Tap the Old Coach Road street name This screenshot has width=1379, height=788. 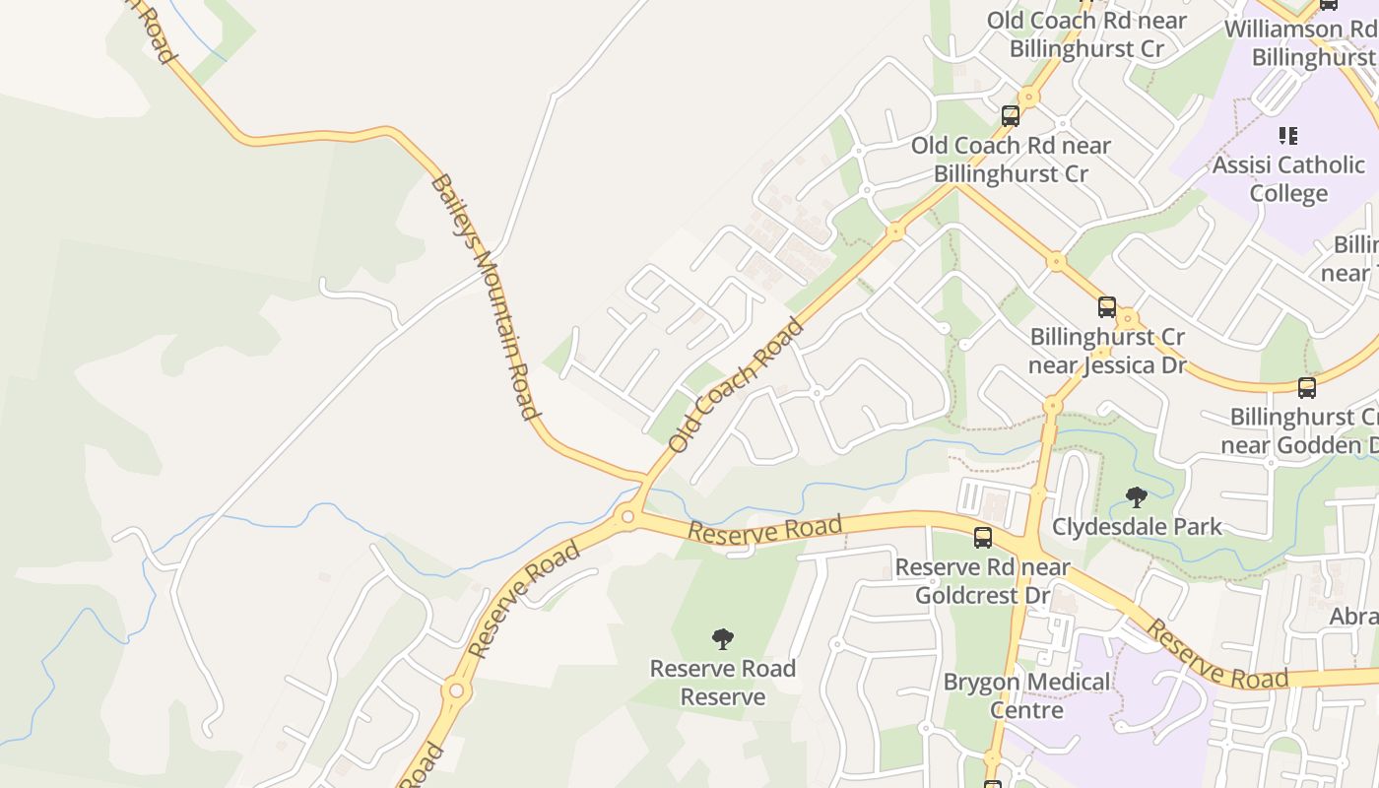pos(736,385)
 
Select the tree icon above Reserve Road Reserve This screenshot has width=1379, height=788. pos(723,639)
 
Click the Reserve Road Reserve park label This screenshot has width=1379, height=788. pos(723,683)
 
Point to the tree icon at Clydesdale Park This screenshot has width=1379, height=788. pos(1137,497)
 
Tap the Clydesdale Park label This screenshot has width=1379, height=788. pos(1137,527)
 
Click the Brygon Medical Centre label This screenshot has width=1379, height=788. pos(1026,695)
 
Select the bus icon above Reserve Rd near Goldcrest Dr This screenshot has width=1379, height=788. pos(983,537)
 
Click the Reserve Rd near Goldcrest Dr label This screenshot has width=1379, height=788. pos(982,581)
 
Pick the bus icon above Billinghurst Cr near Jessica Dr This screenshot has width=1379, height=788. pos(1107,307)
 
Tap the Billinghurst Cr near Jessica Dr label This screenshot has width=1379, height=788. pos(1107,351)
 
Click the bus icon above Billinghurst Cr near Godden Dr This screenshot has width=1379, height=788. pos(1307,388)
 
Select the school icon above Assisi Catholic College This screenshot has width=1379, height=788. pos(1288,135)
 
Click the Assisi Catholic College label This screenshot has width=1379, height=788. pos(1288,178)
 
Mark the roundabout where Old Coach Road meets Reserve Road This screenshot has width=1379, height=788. pos(627,516)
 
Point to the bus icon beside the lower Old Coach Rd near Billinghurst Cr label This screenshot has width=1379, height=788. pos(1011,116)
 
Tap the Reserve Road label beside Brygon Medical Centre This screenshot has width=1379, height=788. pos(1217,656)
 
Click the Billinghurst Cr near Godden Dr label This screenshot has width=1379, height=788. pos(1300,430)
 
